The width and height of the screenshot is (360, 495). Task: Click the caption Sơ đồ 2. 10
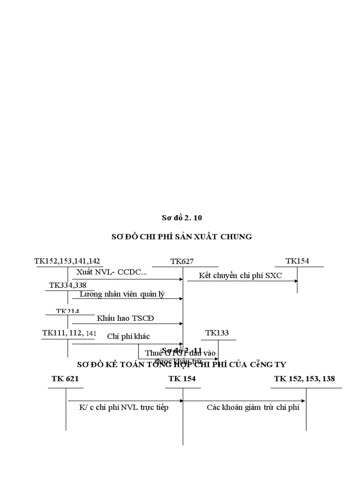(182, 217)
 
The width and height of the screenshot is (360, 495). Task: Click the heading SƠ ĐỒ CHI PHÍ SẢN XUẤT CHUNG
(182, 237)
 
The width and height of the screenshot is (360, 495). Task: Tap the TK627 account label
(182, 262)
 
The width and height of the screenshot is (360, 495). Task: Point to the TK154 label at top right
(297, 261)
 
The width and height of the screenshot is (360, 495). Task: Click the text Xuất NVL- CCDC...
(112, 272)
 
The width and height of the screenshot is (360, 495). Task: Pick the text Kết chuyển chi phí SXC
(240, 276)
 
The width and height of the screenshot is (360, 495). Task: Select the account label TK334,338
(68, 285)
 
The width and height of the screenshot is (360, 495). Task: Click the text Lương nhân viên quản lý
(122, 294)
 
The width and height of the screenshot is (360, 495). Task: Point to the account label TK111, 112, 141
(69, 333)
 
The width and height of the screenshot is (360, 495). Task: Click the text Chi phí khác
(128, 336)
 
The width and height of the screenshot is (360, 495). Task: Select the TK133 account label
(217, 333)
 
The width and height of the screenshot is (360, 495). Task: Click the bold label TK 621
(65, 379)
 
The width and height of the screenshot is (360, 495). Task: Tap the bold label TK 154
(182, 379)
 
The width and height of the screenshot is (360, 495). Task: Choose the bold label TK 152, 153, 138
(304, 379)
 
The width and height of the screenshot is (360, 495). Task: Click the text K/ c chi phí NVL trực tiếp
(124, 407)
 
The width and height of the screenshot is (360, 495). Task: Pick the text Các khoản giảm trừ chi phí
(253, 407)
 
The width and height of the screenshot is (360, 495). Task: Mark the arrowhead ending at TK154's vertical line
(296, 281)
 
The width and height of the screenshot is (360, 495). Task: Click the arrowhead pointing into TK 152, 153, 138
(303, 401)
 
